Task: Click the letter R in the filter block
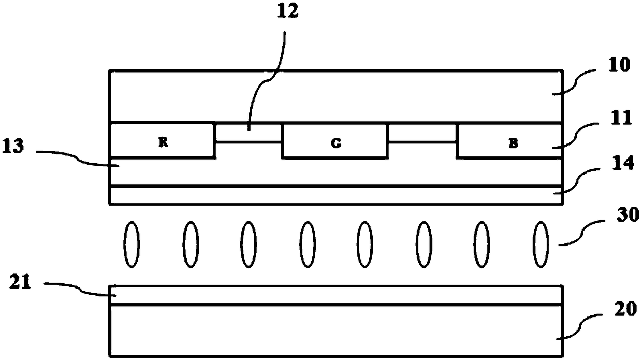[x=163, y=143]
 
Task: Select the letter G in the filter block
[x=335, y=144]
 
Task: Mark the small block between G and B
[x=422, y=133]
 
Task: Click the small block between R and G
[x=248, y=133]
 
